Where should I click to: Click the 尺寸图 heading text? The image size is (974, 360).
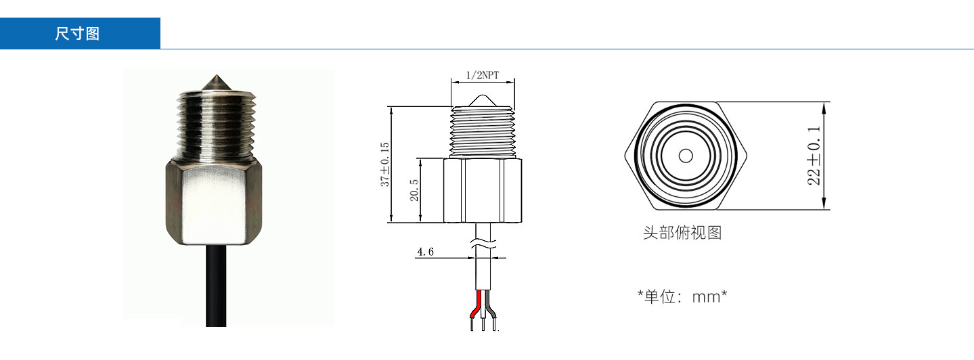coord(78,34)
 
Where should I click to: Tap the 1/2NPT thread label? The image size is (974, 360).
coord(483,75)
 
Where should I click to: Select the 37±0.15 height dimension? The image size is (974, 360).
coord(385,164)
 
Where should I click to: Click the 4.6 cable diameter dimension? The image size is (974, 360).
coord(425,252)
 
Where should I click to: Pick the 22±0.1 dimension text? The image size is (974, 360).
coord(814,156)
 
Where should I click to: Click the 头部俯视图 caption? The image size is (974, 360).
coord(682,233)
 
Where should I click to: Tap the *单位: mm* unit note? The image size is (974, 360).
coord(682,297)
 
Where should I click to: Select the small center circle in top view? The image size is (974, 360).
coord(686,156)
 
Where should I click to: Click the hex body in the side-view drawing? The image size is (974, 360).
coord(483,191)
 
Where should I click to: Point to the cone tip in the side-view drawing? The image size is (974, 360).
coord(483,100)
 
